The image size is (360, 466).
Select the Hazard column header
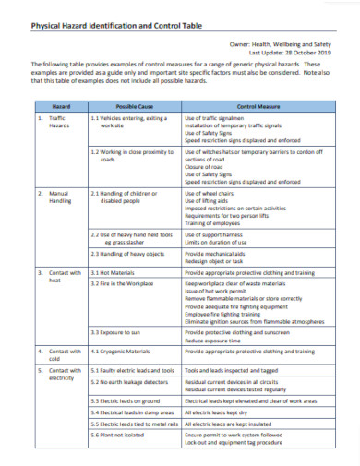tap(61, 107)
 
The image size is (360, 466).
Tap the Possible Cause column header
tap(134, 107)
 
